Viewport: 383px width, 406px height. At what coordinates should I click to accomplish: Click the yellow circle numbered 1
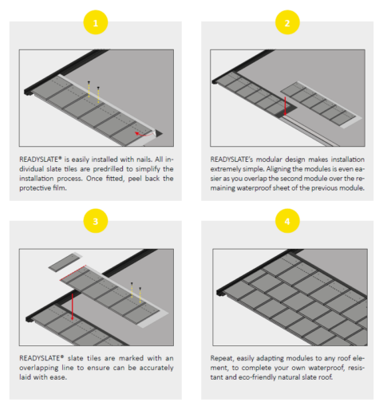tap(95, 23)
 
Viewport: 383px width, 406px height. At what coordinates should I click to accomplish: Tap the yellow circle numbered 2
tap(287, 23)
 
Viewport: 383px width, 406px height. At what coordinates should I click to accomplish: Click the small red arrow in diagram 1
tap(139, 132)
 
